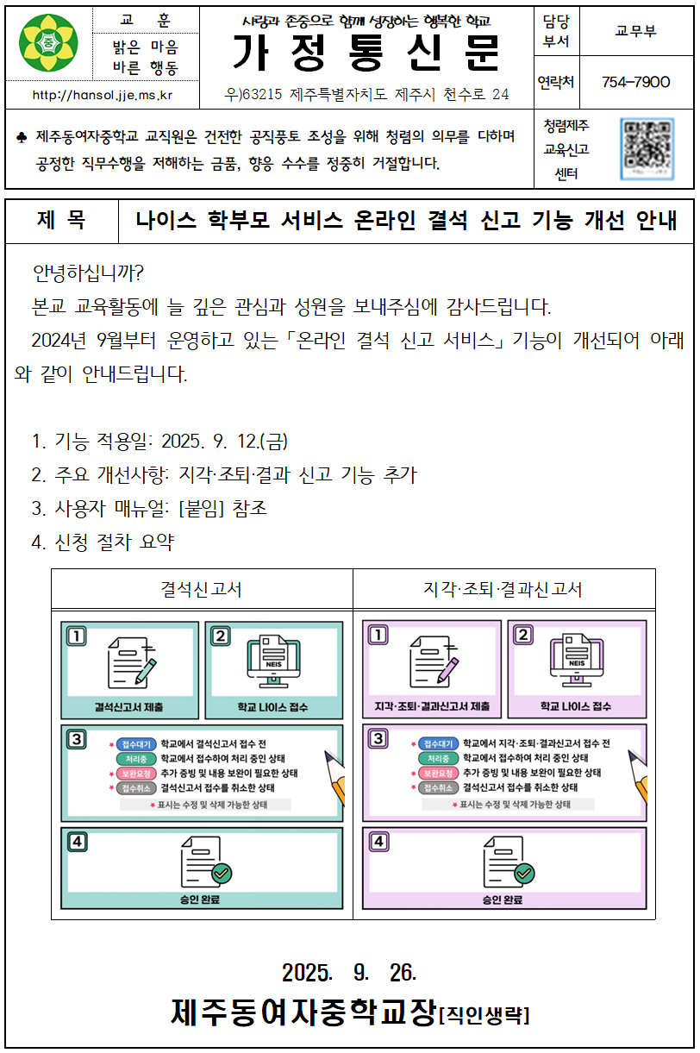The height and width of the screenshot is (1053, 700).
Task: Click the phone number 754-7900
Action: click(x=636, y=82)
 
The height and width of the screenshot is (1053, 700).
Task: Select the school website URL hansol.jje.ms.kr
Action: click(x=102, y=95)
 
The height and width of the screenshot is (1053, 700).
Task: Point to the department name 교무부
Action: click(x=635, y=31)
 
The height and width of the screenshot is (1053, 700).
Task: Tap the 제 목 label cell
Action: click(x=61, y=222)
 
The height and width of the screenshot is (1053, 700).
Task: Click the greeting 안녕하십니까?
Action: click(x=89, y=273)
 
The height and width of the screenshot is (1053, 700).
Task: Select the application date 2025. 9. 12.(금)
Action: click(x=224, y=442)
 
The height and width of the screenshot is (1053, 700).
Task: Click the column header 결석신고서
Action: click(x=202, y=590)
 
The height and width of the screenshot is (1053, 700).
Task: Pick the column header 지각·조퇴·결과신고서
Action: click(x=503, y=590)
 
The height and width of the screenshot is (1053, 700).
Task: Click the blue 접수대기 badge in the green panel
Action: click(x=134, y=743)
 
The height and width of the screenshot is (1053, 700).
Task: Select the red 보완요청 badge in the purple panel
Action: click(x=437, y=773)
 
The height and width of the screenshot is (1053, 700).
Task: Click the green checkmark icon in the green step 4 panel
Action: click(x=222, y=874)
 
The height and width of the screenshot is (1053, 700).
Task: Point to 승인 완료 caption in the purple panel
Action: click(x=503, y=900)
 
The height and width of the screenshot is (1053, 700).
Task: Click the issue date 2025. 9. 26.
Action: click(x=349, y=973)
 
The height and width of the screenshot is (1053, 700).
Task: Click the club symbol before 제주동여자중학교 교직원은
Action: click(x=22, y=137)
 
